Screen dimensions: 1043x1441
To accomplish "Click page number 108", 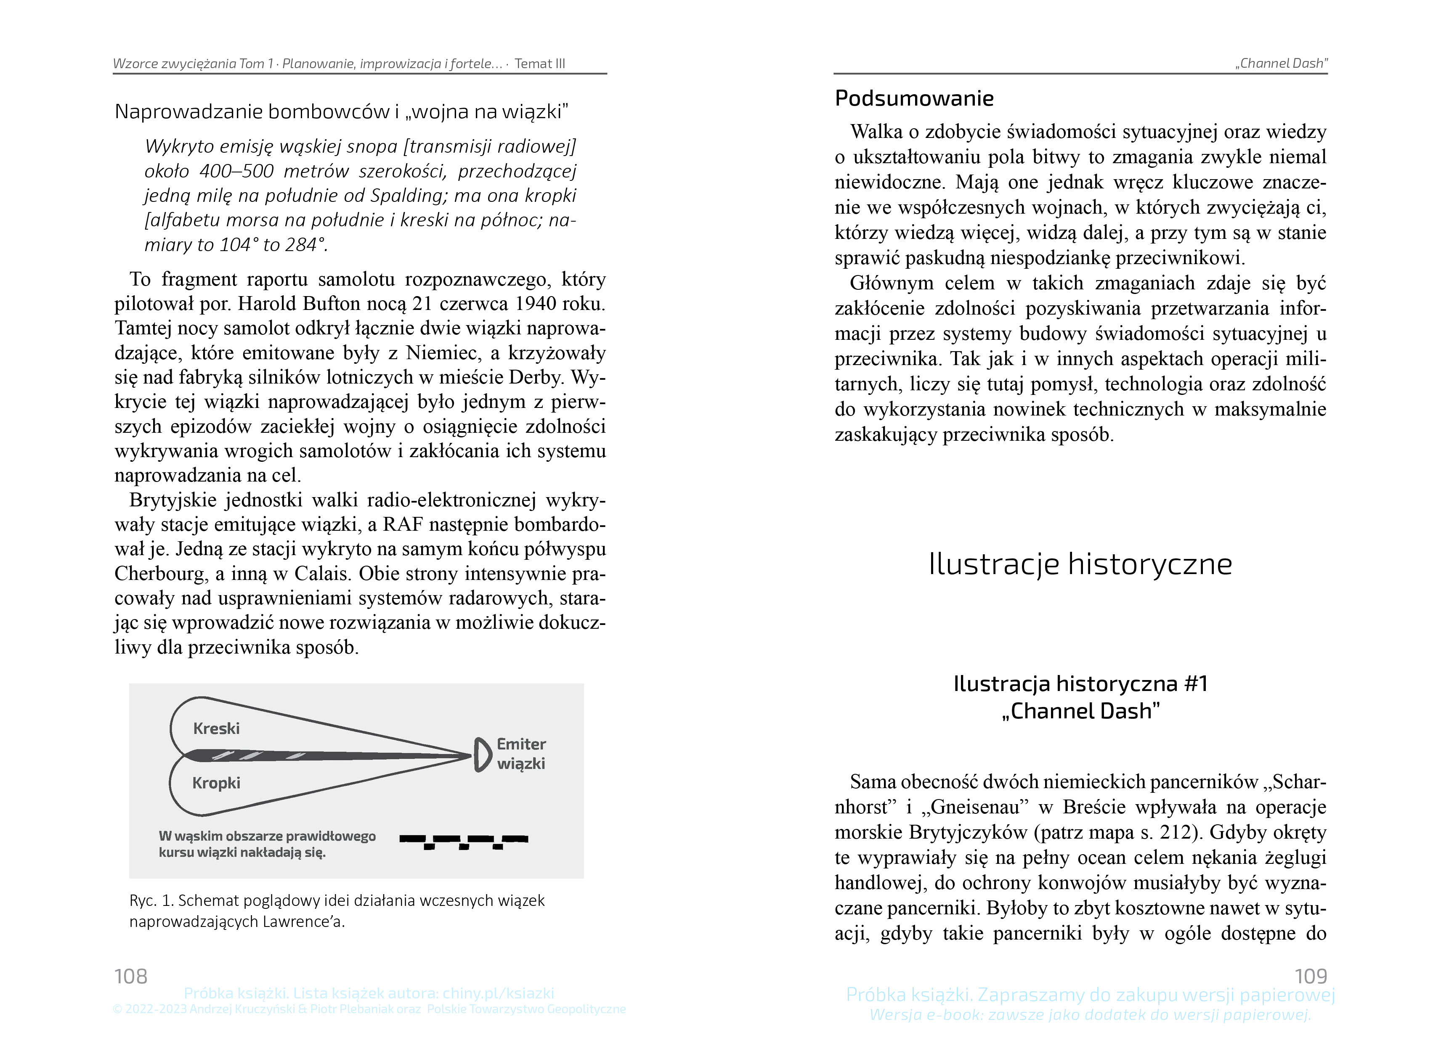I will [x=131, y=976].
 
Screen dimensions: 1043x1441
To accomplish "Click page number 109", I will [x=1310, y=976].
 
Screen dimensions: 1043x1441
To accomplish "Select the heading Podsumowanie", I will [x=914, y=98].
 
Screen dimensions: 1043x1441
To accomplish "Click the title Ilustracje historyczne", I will [x=1080, y=564].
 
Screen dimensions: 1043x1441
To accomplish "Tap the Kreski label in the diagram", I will [x=216, y=728].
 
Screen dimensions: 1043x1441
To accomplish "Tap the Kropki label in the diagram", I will [x=216, y=783].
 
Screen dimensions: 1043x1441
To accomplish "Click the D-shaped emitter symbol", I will [x=483, y=754].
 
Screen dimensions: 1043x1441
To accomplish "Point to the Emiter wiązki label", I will [x=521, y=754].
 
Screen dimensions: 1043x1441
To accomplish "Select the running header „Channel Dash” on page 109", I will [x=1281, y=64].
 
